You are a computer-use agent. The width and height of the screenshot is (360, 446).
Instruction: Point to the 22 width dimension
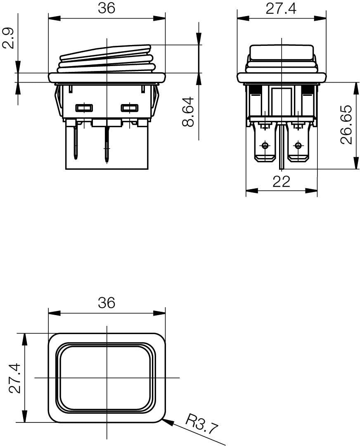click(x=282, y=182)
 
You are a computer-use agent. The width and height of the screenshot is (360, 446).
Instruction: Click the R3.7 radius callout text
click(x=201, y=425)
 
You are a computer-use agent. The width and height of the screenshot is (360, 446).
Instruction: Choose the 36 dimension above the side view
click(x=107, y=9)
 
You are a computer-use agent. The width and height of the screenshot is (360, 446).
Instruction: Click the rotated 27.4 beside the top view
click(x=15, y=378)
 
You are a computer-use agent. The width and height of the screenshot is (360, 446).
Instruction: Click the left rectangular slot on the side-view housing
click(x=84, y=108)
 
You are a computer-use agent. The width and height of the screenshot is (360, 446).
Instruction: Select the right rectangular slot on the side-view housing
click(x=129, y=108)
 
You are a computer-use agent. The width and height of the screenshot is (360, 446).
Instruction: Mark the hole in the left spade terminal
click(x=264, y=145)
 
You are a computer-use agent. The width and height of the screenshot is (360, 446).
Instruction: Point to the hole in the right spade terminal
click(x=298, y=145)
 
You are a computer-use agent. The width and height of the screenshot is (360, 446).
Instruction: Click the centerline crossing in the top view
click(x=107, y=377)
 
